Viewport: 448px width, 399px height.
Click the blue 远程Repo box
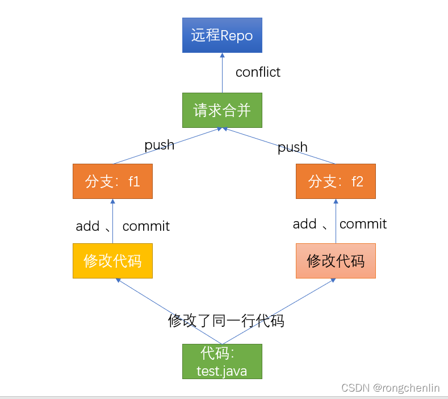pos(221,35)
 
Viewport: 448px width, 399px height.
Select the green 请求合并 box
pos(221,110)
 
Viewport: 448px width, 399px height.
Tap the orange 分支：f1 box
pos(112,181)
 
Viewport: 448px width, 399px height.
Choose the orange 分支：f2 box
pos(336,181)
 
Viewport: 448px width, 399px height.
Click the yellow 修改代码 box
pos(112,261)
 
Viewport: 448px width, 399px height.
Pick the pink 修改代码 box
pos(336,261)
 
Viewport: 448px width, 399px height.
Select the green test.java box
pos(221,362)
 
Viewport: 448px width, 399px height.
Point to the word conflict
pos(258,72)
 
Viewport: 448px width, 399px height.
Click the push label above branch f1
pos(159,145)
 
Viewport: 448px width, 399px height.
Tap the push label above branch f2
pos(292,147)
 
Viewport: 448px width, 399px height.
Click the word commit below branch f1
pos(146,226)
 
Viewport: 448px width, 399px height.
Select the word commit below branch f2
pos(363,224)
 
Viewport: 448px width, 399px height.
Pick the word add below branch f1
pos(87,226)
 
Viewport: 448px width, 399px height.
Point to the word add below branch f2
pos(304,224)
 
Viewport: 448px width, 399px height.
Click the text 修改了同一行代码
pos(226,321)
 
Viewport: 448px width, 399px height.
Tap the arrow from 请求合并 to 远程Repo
pos(222,74)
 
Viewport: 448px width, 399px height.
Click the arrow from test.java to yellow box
pos(165,310)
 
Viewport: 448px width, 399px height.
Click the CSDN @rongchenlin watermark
pos(390,388)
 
